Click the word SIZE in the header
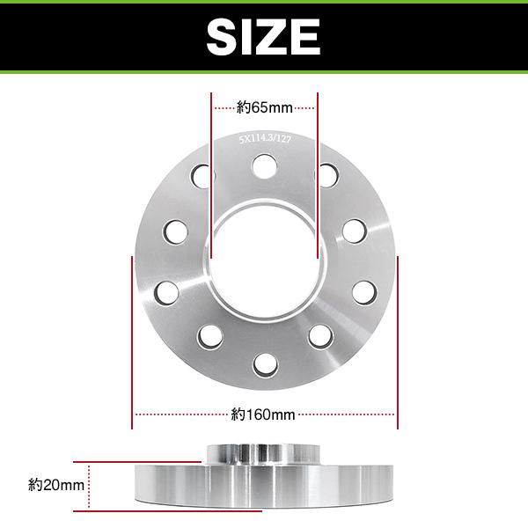[x=263, y=37]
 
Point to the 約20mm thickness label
[x=56, y=484]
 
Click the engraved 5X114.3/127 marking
[x=264, y=138]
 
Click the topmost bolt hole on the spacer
[x=264, y=165]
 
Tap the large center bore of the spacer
[x=264, y=263]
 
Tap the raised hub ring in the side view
[x=264, y=453]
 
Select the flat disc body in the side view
[x=264, y=486]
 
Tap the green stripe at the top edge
[x=264, y=3]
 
